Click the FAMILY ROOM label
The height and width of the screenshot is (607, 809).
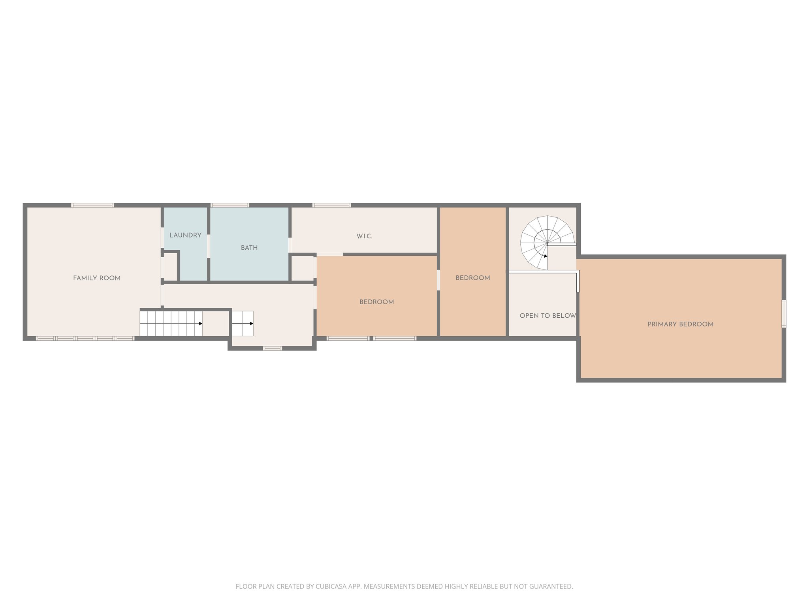click(x=97, y=278)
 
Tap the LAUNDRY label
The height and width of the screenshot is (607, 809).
click(x=185, y=235)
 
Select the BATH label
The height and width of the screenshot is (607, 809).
click(x=249, y=248)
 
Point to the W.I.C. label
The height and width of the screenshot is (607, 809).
click(x=364, y=236)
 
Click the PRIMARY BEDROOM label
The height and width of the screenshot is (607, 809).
click(x=680, y=324)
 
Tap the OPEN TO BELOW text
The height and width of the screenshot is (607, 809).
click(x=547, y=316)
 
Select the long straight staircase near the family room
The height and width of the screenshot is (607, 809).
click(x=171, y=323)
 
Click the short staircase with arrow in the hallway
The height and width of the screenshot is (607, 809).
click(x=242, y=323)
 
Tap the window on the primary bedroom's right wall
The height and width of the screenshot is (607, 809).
click(x=784, y=314)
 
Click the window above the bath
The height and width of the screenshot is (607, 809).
click(x=230, y=205)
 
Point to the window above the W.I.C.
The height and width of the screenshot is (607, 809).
click(x=331, y=205)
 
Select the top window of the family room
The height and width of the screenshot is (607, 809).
click(x=93, y=205)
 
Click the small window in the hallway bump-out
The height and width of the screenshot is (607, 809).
click(x=273, y=348)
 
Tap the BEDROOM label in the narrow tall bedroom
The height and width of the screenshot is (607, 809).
click(x=473, y=278)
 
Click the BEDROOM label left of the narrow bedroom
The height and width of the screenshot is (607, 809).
click(x=376, y=302)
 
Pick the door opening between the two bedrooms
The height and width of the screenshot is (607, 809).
click(x=438, y=280)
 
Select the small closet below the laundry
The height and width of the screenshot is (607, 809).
click(x=170, y=267)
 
